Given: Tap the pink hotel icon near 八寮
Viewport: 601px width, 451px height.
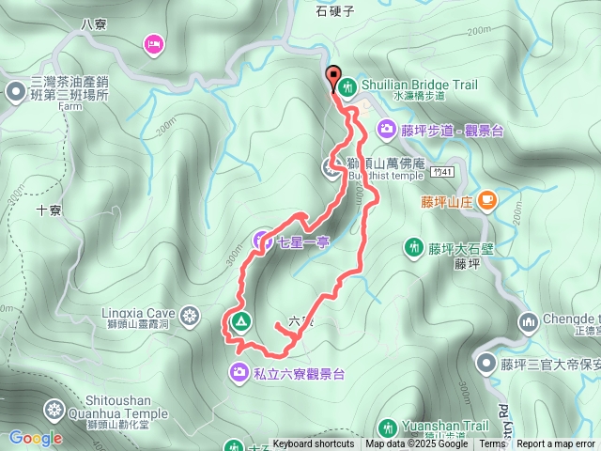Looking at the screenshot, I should coord(153,43).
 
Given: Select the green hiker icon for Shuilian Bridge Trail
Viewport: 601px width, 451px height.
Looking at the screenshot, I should coord(347,86).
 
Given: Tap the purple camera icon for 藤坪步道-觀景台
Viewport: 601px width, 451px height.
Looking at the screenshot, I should coord(386,129).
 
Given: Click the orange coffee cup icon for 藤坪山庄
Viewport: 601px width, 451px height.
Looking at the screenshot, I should coord(486,199).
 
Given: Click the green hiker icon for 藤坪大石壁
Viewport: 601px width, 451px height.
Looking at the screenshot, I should coord(412,248).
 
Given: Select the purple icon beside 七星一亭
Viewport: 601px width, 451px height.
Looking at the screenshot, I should coord(262,241).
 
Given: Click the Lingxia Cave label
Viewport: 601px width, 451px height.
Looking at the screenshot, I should coord(139,313).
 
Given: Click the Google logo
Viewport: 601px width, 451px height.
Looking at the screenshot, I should coord(36,438).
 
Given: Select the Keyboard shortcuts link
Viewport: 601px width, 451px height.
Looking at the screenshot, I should coord(313,444).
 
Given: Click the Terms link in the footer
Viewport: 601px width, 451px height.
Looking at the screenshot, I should coord(492,444).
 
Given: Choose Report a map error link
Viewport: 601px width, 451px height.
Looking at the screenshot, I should coord(556,444).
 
